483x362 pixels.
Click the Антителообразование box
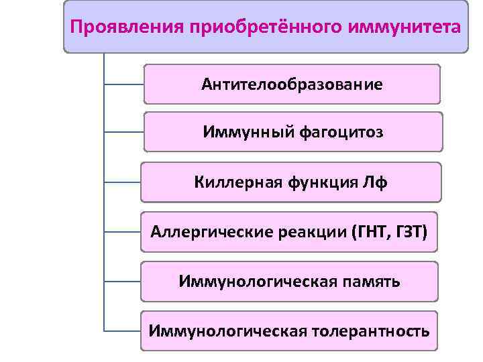(292, 84)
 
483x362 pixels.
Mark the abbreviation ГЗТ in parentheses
(412, 232)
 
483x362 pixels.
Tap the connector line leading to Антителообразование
(124, 85)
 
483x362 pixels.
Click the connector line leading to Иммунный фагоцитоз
(124, 132)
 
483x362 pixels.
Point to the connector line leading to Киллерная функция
(123, 182)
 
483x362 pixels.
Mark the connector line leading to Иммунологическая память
(123, 281)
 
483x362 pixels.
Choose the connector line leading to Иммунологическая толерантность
(123, 330)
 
